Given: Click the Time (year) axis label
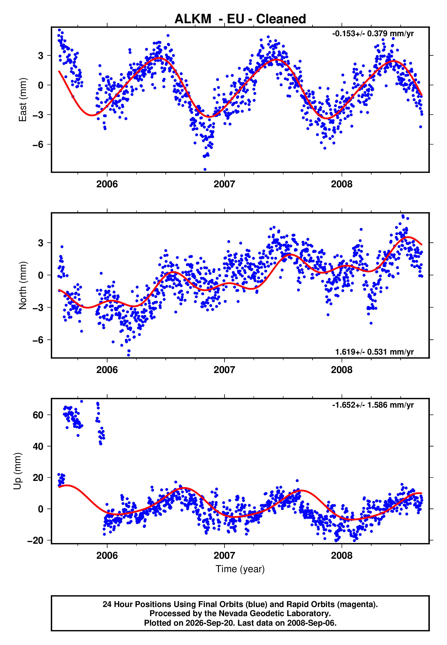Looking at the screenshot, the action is click(240, 569).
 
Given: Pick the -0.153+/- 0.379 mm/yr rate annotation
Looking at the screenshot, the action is click(373, 33).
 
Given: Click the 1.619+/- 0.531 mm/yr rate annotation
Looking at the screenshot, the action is click(375, 352).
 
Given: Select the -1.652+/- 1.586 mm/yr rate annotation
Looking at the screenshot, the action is click(373, 405).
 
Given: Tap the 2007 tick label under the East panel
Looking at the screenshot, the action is click(224, 184).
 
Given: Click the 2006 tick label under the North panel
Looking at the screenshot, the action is click(107, 370).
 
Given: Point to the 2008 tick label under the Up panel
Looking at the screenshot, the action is click(342, 556).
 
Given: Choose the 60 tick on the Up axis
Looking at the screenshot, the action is click(38, 415).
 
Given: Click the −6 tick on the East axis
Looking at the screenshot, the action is click(38, 144).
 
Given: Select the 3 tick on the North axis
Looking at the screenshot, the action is click(41, 243).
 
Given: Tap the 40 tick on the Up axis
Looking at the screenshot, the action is click(38, 446).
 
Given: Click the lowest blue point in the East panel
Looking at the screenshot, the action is click(205, 170).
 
